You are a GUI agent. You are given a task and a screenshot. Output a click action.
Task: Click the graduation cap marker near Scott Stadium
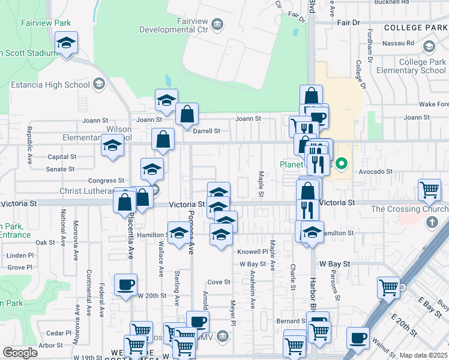(x=66, y=43)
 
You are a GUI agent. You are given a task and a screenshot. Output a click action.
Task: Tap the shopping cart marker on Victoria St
(x=430, y=190)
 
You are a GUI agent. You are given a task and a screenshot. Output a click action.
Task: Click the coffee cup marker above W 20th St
(x=125, y=285)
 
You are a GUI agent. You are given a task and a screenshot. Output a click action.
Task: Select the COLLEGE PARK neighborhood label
(x=416, y=28)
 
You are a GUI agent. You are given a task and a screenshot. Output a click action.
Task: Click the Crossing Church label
(x=409, y=209)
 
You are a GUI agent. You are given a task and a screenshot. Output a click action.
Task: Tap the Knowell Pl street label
(x=252, y=251)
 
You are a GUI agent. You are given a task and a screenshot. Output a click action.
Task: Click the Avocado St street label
(x=376, y=172)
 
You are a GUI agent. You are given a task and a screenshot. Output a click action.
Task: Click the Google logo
(x=20, y=353)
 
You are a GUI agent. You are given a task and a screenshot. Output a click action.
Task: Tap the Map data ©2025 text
(x=423, y=355)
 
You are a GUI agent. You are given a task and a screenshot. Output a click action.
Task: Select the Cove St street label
(x=218, y=282)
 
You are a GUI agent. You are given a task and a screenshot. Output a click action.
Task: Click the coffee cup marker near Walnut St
(x=358, y=339)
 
